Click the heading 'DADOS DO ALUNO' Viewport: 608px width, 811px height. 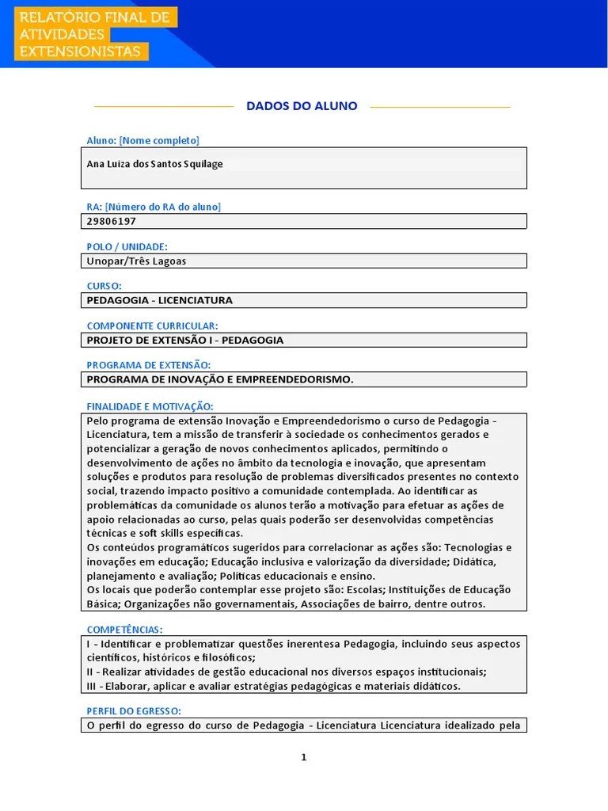point(302,106)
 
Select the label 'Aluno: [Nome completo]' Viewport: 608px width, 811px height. point(142,141)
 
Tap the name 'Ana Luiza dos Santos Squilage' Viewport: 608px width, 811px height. point(154,164)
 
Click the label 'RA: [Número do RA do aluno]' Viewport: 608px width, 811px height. point(154,207)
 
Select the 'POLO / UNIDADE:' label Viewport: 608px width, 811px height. point(127,246)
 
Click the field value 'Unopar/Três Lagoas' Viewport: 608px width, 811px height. point(136,261)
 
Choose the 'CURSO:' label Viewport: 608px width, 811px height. point(104,286)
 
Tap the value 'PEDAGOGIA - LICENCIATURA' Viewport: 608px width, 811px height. point(159,300)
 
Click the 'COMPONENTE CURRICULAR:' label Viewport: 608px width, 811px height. point(152,326)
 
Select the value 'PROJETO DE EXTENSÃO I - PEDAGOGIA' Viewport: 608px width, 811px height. point(184,340)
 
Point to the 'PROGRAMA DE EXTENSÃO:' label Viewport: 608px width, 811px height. point(148,365)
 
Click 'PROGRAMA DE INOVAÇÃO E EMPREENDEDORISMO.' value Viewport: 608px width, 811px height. point(220,379)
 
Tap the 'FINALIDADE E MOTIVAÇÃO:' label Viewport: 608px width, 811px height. point(150,405)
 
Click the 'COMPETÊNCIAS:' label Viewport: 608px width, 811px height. point(124,629)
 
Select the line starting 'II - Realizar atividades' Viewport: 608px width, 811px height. point(286,672)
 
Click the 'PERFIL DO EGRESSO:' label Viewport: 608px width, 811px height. point(134,711)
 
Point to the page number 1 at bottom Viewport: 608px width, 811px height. point(303,757)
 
